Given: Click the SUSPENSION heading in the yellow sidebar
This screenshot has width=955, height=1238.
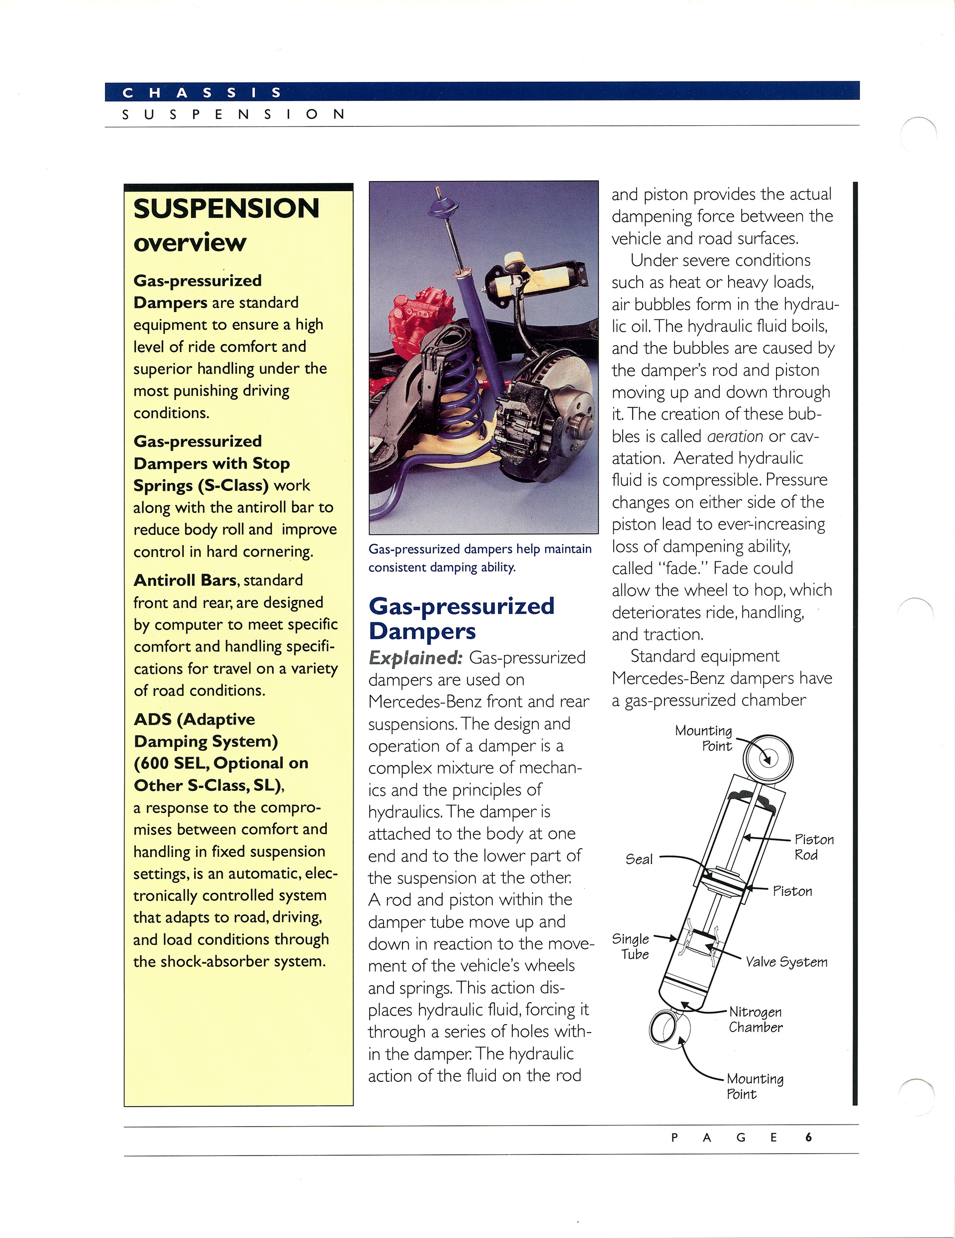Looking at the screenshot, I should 226,208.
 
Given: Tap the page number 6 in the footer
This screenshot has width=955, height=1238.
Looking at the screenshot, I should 808,1137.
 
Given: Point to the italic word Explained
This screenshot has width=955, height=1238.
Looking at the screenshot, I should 415,658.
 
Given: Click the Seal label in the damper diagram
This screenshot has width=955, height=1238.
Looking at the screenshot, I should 639,859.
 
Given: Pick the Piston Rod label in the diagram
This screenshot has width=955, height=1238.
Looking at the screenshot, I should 813,847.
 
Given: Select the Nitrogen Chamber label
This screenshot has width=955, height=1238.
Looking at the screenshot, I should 755,1019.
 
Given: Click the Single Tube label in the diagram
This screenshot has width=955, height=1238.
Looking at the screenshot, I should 631,946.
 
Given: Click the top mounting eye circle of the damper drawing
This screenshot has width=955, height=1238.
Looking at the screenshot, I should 767,759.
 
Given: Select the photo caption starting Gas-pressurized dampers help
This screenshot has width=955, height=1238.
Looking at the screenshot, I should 479,558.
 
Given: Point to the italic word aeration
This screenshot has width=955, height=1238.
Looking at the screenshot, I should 735,436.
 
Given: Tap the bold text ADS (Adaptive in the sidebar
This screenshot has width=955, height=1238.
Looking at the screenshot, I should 194,719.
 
